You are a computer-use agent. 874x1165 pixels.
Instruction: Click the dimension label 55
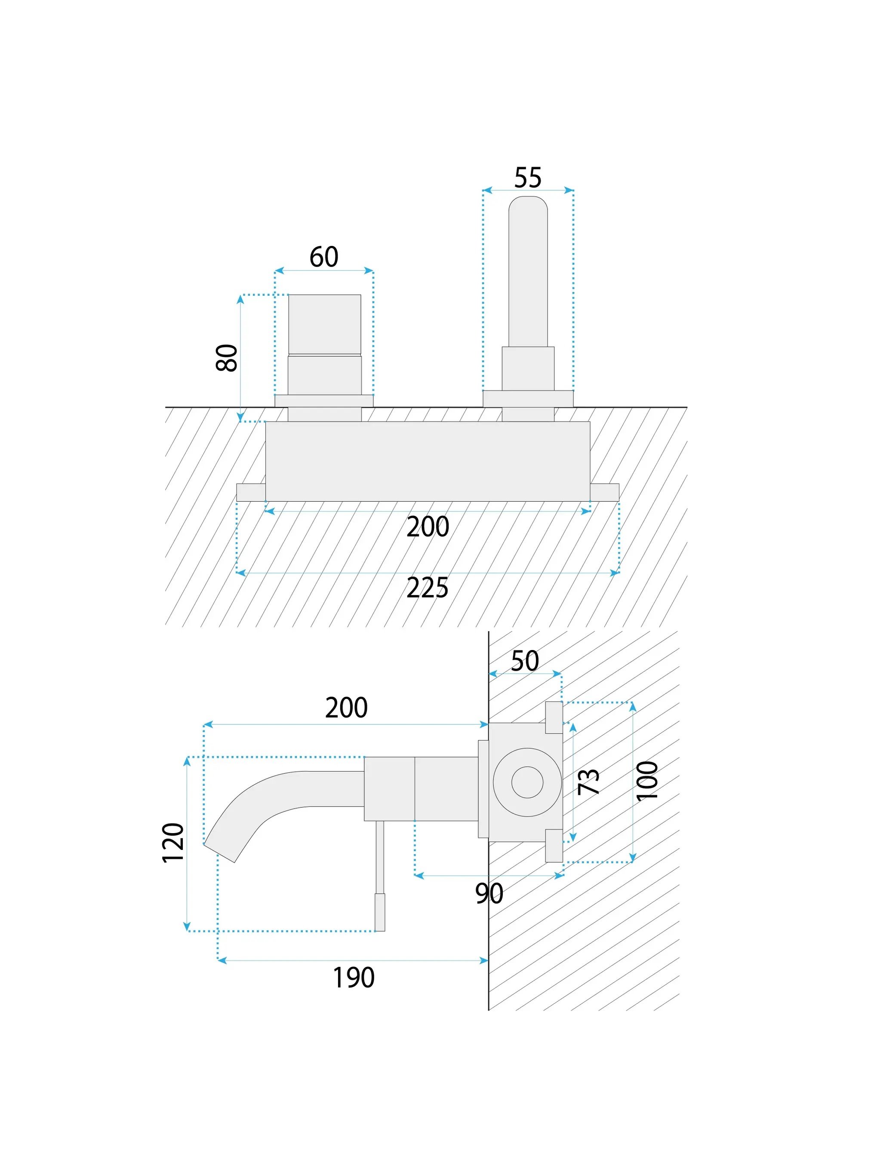(527, 178)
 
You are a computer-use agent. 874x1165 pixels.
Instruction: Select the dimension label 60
(323, 257)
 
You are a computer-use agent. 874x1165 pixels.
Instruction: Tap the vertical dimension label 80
(227, 358)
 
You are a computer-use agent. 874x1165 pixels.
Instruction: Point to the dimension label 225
(427, 588)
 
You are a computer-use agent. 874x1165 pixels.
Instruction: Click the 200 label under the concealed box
(427, 527)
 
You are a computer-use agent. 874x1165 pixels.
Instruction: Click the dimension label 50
(525, 661)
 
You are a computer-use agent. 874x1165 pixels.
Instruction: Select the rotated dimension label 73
(588, 782)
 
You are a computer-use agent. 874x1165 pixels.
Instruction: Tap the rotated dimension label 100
(647, 781)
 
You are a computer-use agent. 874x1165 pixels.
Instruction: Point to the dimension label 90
(489, 894)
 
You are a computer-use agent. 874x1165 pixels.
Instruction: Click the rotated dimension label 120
(173, 843)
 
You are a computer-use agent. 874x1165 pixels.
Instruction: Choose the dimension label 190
(354, 978)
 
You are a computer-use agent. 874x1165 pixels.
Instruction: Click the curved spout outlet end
(220, 852)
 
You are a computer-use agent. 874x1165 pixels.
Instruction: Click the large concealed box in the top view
(427, 461)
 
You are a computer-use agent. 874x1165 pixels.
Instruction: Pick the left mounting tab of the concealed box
(251, 492)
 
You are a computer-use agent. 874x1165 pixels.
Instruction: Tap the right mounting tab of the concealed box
(604, 492)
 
